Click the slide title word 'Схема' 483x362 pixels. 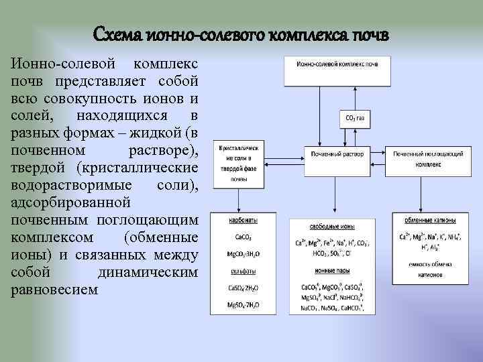tap(121, 34)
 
